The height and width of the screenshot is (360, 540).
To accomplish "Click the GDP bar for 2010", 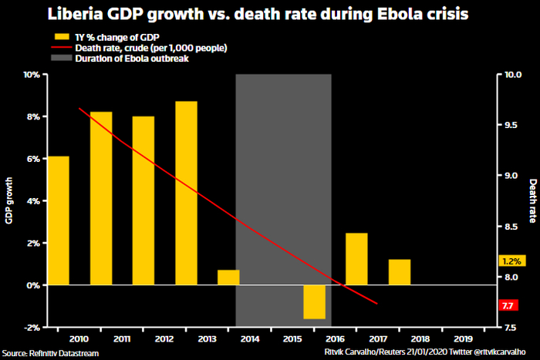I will [59, 220].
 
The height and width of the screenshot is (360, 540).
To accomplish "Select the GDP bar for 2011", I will [101, 198].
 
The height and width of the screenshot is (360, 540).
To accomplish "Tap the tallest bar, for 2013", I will [186, 193].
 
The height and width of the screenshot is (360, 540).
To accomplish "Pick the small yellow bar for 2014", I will [228, 278].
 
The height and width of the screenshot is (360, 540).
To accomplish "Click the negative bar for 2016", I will [314, 301].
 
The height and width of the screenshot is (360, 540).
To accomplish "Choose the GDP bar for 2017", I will [356, 259].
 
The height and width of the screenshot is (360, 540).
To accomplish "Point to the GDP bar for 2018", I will [400, 272].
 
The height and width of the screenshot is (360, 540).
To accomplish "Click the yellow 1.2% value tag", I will [511, 261].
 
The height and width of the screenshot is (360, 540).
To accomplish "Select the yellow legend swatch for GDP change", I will [61, 37].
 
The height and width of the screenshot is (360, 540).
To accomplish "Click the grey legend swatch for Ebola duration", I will [61, 59].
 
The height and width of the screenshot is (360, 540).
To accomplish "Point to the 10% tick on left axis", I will [32, 75].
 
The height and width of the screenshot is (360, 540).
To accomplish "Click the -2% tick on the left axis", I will [32, 328].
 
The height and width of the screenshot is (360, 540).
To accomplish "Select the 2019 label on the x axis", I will [462, 338].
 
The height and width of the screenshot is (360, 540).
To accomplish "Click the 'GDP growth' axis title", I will [8, 200].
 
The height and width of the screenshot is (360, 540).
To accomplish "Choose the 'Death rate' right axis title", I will [532, 200].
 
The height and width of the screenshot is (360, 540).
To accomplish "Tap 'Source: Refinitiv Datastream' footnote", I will [51, 352].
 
